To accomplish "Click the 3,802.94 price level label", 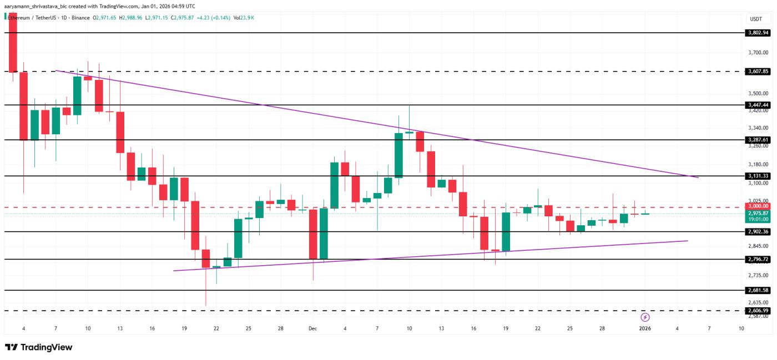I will (x=758, y=33).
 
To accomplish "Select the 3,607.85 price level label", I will (x=758, y=72).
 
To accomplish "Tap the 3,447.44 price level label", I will (x=758, y=105).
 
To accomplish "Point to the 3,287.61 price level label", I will (x=758, y=140).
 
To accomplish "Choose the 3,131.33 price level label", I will (x=758, y=176).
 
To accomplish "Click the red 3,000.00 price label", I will (x=758, y=206).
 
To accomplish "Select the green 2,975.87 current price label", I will (x=758, y=213).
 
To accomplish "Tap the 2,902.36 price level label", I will (x=758, y=231).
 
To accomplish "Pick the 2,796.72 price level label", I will (x=758, y=259).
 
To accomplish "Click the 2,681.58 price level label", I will (x=758, y=290).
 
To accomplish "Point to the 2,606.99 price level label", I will (x=758, y=311).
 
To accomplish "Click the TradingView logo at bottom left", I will (x=39, y=347).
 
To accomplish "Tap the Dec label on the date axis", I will (x=312, y=329).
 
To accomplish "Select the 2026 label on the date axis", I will (x=645, y=329).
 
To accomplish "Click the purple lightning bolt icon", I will (x=645, y=317).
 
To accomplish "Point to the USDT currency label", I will (x=756, y=19).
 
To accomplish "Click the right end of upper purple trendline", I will (x=698, y=178).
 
